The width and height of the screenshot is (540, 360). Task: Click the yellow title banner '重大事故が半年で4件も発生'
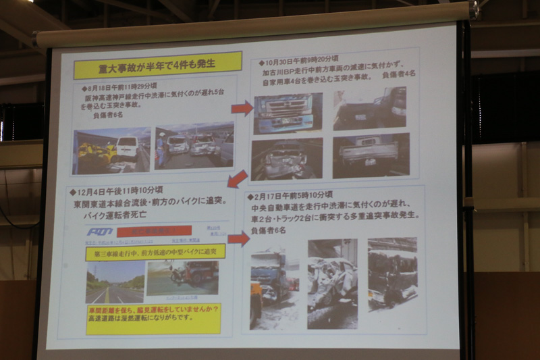click(x=158, y=65)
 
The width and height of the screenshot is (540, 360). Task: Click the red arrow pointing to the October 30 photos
click(x=242, y=107)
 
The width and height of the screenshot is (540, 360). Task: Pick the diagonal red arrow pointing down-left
click(x=237, y=179)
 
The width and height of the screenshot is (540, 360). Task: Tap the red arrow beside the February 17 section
click(x=238, y=238)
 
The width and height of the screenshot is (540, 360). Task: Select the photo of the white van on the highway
click(x=111, y=150)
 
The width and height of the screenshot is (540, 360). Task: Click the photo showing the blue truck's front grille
click(x=288, y=113)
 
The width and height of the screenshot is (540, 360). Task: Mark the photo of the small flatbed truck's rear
click(x=371, y=155)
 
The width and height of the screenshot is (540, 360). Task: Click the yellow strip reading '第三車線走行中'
click(x=155, y=252)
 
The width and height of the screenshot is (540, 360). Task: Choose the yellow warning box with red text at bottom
click(x=153, y=318)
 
